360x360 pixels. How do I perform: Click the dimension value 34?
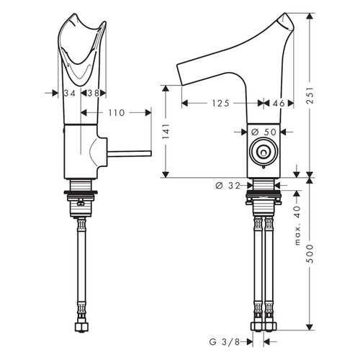[x=69, y=93]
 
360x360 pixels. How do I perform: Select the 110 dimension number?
[x=116, y=112]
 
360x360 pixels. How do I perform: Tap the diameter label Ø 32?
[x=228, y=186]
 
